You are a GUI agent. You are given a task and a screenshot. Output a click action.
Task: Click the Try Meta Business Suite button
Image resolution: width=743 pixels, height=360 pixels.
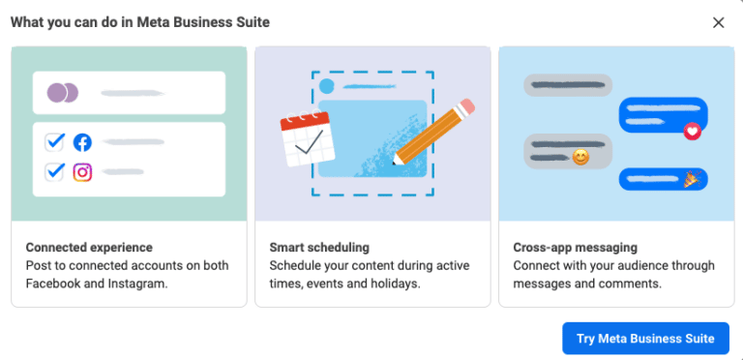[645, 338]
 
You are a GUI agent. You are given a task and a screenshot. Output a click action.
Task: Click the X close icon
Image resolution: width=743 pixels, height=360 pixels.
[718, 22]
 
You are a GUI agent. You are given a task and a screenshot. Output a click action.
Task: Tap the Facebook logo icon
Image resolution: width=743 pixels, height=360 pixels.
[82, 142]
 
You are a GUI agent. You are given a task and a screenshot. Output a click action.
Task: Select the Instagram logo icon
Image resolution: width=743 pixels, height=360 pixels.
[82, 172]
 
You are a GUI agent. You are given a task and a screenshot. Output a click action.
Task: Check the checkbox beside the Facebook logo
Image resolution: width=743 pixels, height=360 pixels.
[55, 142]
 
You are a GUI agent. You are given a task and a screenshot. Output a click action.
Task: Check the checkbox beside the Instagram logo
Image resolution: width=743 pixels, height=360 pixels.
[55, 172]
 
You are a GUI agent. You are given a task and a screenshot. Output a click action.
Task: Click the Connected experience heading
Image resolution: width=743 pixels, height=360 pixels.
[89, 248]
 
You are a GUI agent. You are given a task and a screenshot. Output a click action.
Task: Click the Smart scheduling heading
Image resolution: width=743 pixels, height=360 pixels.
[319, 248]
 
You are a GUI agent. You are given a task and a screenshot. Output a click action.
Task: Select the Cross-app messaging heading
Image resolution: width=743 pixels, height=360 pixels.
[575, 248]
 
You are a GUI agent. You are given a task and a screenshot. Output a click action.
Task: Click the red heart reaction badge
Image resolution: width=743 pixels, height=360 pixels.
[691, 131]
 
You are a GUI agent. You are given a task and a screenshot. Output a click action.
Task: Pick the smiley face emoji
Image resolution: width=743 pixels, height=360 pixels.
[580, 156]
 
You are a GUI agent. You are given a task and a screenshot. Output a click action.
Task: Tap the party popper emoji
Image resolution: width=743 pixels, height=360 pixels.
[692, 179]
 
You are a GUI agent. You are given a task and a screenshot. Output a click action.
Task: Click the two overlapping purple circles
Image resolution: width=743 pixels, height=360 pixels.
[63, 94]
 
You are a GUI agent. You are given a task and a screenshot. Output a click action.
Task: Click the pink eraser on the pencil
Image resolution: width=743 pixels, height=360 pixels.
[466, 105]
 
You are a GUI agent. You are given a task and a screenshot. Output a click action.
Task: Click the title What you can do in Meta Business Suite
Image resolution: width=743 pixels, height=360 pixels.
[140, 21]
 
